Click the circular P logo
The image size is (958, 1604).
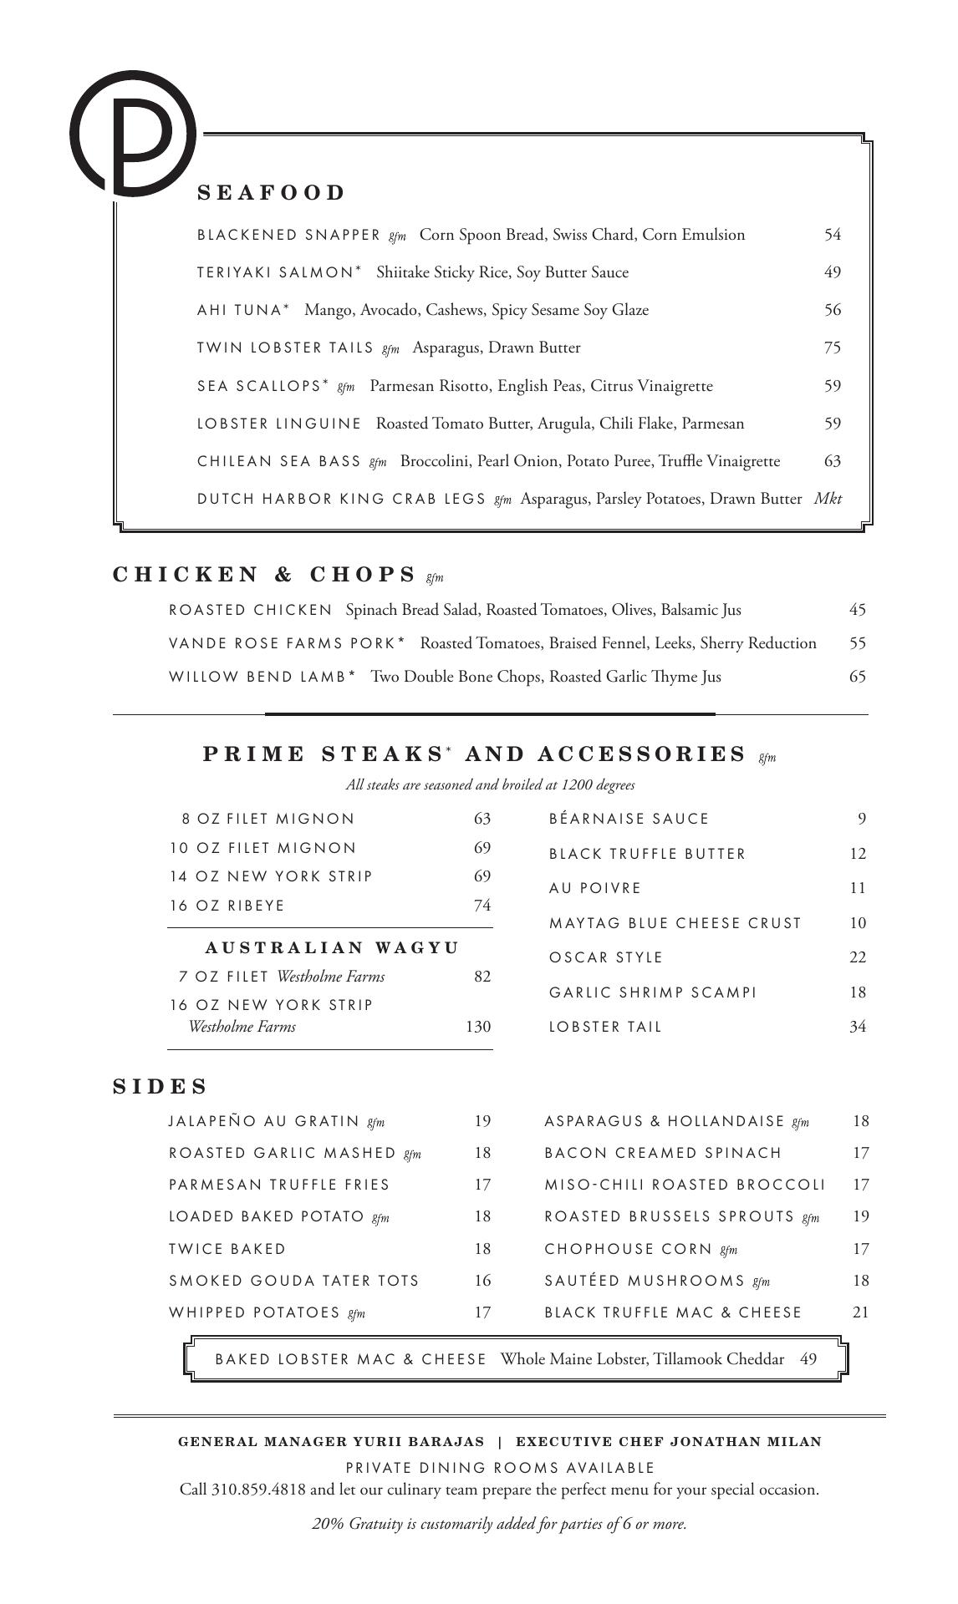coord(133,134)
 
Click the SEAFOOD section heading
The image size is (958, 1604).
coord(271,193)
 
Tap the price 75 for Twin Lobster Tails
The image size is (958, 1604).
coord(832,348)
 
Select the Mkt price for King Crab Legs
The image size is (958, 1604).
coord(828,499)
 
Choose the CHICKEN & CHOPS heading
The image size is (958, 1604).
coord(264,575)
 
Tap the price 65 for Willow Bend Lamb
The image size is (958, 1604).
coord(857,677)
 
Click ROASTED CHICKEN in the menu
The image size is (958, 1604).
coord(251,610)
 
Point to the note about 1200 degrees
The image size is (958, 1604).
coord(490,784)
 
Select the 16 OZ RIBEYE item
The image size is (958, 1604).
coord(227,906)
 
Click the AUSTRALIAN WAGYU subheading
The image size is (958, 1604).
coord(332,947)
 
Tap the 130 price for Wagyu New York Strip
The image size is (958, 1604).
coord(477,1026)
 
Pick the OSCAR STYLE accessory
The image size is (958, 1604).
coord(605,957)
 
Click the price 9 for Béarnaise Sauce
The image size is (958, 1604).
coord(861,819)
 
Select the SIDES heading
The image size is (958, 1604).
coord(160,1086)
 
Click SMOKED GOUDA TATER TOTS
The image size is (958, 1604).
coord(294,1281)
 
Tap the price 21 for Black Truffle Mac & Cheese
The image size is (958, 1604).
coord(860,1312)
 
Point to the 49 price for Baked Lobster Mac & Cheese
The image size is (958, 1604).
coord(808,1358)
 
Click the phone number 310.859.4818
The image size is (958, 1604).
coord(258,1489)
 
